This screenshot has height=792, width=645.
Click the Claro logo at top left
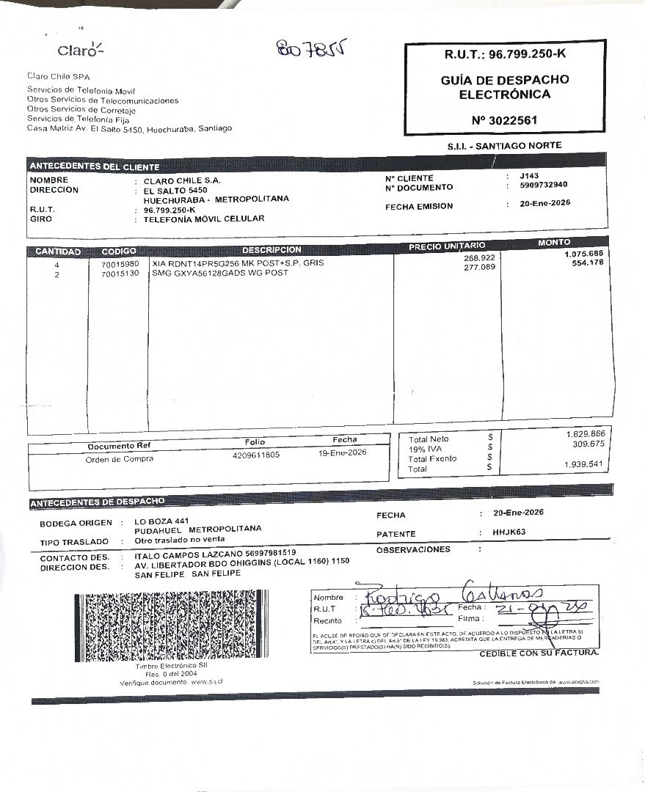(81, 49)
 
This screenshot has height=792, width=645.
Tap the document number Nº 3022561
(505, 120)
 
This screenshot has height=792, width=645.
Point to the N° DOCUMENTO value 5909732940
(543, 185)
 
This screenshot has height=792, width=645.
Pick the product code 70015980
(120, 263)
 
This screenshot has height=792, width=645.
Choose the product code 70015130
(120, 274)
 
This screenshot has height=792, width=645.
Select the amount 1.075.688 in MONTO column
(583, 254)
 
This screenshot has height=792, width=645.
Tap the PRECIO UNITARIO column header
(446, 246)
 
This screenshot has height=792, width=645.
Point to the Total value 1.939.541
(584, 464)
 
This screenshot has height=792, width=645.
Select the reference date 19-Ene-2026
(342, 452)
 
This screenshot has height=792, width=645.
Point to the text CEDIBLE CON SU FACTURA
(539, 653)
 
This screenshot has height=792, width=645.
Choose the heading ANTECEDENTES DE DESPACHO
(98, 502)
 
